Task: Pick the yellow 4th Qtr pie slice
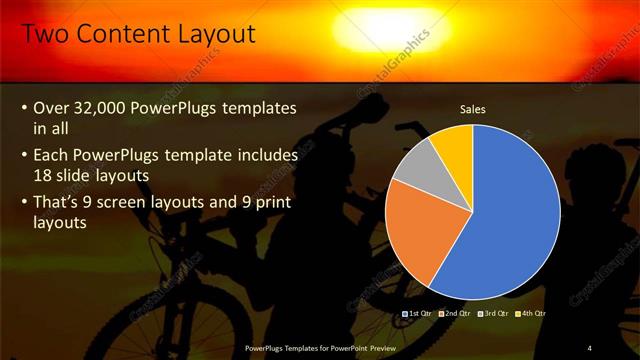click(455, 143)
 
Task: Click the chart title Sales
click(472, 109)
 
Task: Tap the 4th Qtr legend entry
click(531, 314)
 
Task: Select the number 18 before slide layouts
click(44, 174)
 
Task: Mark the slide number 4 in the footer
click(589, 348)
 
